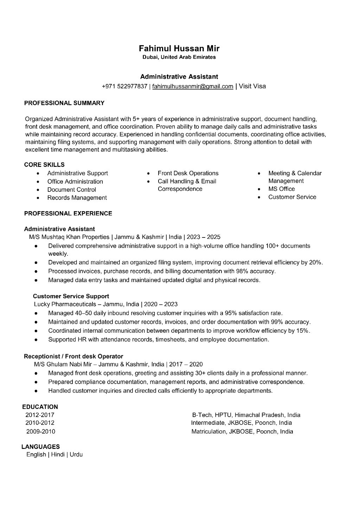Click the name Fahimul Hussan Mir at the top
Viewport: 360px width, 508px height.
[x=179, y=48]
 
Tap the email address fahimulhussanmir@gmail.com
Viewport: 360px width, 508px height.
[x=193, y=86]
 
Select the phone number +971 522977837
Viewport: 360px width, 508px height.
[x=124, y=86]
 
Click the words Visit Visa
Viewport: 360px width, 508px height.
[x=252, y=86]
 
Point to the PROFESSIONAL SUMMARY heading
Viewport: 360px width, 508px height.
[x=64, y=103]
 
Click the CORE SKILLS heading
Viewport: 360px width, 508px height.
[x=44, y=164]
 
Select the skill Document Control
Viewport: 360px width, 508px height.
[x=71, y=190]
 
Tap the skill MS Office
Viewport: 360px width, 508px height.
[x=281, y=189]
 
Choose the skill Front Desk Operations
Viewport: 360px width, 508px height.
[x=188, y=173]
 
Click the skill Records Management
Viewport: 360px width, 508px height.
[x=77, y=198]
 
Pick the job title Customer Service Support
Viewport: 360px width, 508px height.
[x=71, y=296]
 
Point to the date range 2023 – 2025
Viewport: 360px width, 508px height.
[x=204, y=237]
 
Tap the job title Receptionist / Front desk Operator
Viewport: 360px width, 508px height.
[x=73, y=356]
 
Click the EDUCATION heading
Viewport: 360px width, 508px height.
[x=40, y=407]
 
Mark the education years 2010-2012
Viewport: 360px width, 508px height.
[x=40, y=423]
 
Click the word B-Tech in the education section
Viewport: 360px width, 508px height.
[x=202, y=415]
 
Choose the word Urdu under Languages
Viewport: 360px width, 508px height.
[x=76, y=455]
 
